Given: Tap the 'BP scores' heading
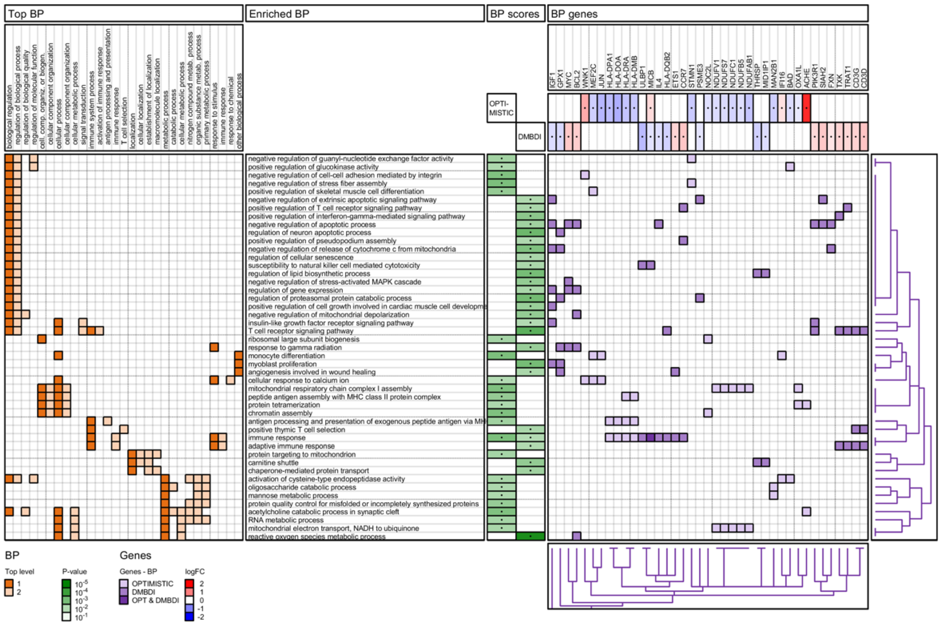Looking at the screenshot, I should [x=515, y=14].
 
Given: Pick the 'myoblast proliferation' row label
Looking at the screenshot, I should [x=282, y=364].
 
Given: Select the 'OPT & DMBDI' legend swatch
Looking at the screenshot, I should [x=124, y=600].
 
